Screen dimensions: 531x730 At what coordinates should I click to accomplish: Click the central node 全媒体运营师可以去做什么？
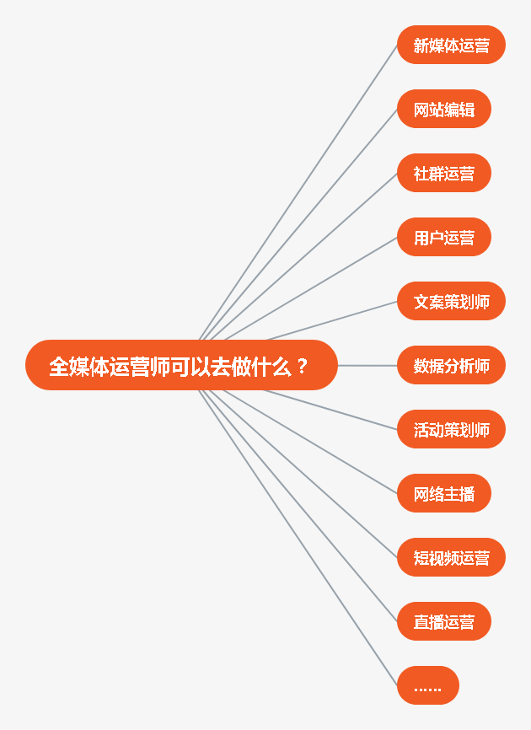click(181, 365)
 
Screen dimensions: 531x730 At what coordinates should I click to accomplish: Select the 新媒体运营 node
click(451, 45)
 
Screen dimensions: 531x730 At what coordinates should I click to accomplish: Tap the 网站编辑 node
click(443, 109)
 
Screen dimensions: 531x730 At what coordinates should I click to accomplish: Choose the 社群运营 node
click(443, 173)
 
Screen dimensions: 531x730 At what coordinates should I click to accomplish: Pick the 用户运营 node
click(443, 237)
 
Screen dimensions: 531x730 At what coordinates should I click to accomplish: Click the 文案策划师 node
click(451, 301)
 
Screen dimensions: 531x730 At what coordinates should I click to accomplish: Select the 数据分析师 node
click(451, 365)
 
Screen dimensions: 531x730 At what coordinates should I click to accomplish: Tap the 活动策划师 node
click(451, 429)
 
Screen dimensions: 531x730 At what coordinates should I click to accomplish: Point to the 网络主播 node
click(443, 493)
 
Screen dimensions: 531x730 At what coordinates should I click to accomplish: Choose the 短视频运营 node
click(451, 557)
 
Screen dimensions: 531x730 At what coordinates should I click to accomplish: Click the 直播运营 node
click(443, 621)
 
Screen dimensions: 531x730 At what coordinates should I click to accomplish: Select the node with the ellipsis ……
click(427, 685)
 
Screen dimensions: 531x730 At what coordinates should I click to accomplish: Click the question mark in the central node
click(303, 366)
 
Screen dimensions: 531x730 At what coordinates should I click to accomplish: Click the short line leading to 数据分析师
click(367, 365)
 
